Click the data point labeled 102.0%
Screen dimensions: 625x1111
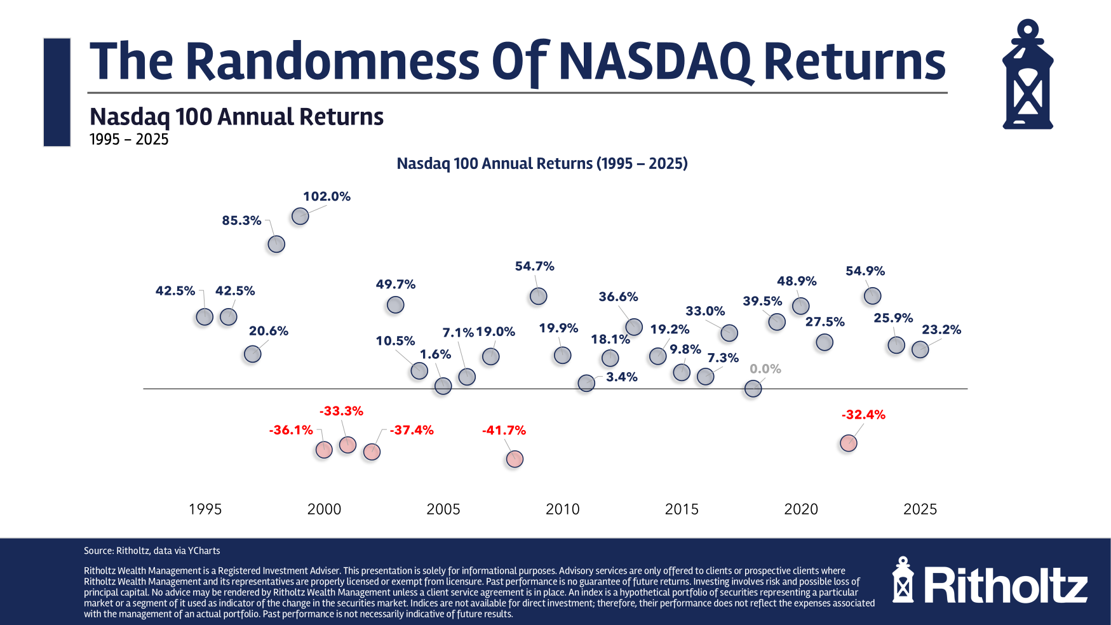[x=300, y=217]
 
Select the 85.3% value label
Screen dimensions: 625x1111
[x=241, y=220]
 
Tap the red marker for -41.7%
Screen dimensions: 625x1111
[x=515, y=459]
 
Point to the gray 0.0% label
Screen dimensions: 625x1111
[x=765, y=369]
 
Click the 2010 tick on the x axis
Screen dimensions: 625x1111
[x=562, y=509]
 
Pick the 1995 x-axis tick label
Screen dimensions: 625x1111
[x=205, y=509]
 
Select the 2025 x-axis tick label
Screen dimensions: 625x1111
[x=920, y=509]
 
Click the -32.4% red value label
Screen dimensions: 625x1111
[x=863, y=415]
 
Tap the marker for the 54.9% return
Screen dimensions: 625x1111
[x=872, y=296]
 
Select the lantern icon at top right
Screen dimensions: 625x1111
[x=1027, y=75]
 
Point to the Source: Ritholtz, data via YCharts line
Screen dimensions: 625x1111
[x=152, y=551]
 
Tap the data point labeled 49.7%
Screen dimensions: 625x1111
[x=395, y=305]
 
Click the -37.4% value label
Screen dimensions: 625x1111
[x=412, y=430]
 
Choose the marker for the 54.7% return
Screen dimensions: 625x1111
[x=538, y=296]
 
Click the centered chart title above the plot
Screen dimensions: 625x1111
[x=542, y=163]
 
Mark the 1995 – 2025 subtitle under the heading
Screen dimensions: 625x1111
[x=129, y=140]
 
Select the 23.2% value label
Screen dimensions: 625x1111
[x=941, y=330]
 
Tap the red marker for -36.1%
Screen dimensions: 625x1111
[x=324, y=450]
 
